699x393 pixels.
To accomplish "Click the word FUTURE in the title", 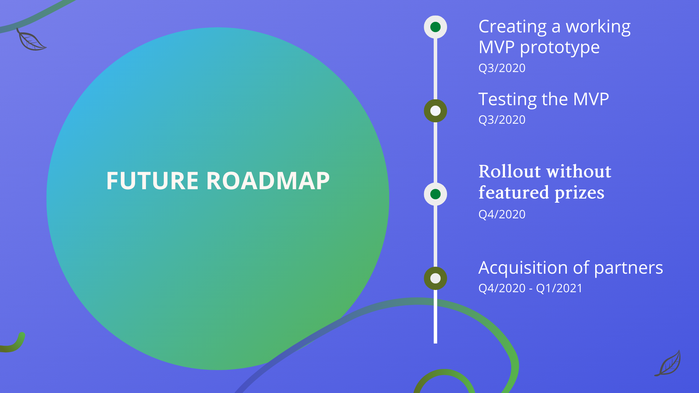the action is pos(152,181).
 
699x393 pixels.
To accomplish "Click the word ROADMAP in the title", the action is pos(268,181).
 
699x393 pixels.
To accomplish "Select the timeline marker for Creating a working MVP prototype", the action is pos(435,27).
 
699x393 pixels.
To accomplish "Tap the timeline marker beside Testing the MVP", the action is pos(435,111).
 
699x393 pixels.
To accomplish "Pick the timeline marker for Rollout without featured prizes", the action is pos(435,194).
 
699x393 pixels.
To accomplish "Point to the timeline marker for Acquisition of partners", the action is pos(435,278).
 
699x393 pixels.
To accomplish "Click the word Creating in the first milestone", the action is pos(512,27).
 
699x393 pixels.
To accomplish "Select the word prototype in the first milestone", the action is pos(560,48).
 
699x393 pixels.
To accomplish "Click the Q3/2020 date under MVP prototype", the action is pos(502,68).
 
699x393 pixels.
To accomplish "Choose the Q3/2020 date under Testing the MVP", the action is pos(502,120).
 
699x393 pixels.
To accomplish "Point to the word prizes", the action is pos(579,192).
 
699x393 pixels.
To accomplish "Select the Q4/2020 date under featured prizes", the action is pos(502,214).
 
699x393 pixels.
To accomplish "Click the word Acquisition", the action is pos(523,268).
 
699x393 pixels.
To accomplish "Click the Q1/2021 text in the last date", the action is pos(559,288).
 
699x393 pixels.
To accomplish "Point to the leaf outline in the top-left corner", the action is pos(31,40).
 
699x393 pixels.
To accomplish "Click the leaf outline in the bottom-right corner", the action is pos(668,364).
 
